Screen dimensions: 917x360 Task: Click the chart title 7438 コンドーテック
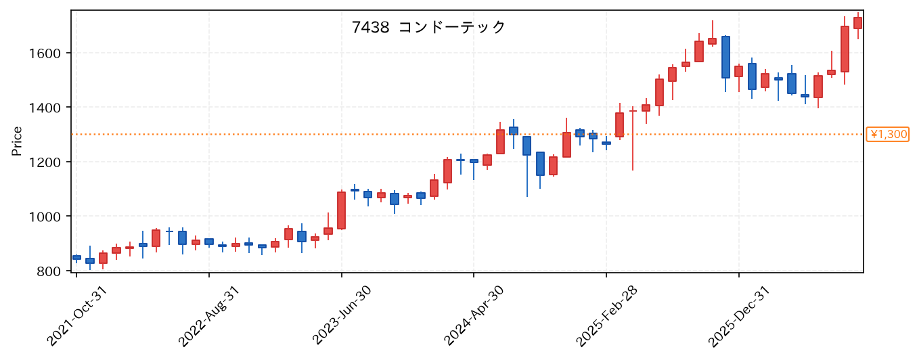pyautogui.click(x=428, y=28)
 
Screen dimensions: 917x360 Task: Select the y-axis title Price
pyautogui.click(x=17, y=141)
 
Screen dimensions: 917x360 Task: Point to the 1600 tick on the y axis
pyautogui.click(x=45, y=53)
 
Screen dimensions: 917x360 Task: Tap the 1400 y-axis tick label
pyautogui.click(x=45, y=108)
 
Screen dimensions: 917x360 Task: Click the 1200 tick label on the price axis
pyautogui.click(x=45, y=162)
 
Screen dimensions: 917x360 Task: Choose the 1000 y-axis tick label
pyautogui.click(x=45, y=217)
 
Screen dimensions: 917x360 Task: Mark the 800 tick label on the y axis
pyautogui.click(x=49, y=271)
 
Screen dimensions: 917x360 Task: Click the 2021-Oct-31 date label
pyautogui.click(x=76, y=316)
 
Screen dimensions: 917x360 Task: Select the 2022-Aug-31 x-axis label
pyautogui.click(x=209, y=316)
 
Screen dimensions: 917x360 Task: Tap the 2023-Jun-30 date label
pyautogui.click(x=341, y=316)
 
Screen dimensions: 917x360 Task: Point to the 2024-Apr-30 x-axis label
pyautogui.click(x=474, y=316)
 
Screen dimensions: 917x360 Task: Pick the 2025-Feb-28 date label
pyautogui.click(x=606, y=316)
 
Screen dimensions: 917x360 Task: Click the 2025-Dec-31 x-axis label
pyautogui.click(x=739, y=316)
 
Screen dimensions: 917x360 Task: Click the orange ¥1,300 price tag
pyautogui.click(x=887, y=135)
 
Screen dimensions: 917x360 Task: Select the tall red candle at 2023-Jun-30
pyautogui.click(x=341, y=210)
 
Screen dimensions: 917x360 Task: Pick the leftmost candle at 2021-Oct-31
pyautogui.click(x=76, y=258)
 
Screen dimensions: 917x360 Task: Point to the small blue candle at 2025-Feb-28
pyautogui.click(x=606, y=143)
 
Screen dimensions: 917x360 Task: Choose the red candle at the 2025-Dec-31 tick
pyautogui.click(x=738, y=71)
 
